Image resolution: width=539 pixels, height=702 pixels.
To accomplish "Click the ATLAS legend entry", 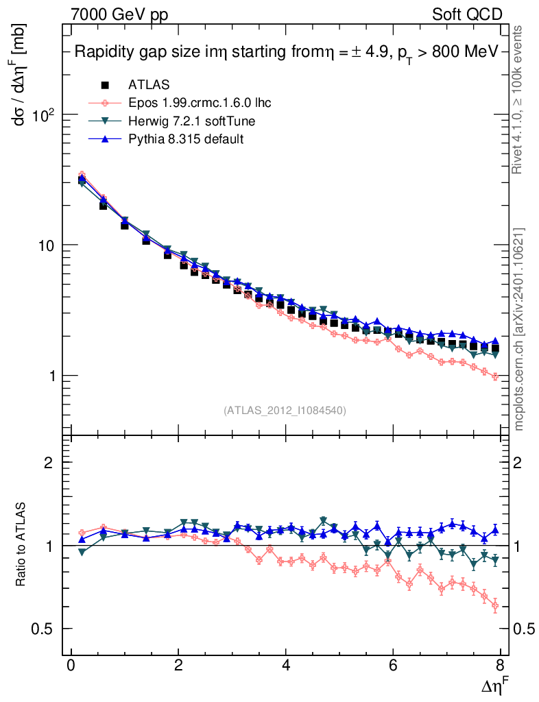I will click(x=148, y=85).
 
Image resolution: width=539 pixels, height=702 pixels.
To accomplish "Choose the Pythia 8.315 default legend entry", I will click(x=185, y=138).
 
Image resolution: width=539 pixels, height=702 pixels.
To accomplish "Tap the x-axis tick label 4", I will click(x=286, y=667).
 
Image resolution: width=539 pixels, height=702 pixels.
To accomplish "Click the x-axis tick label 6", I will click(x=394, y=667).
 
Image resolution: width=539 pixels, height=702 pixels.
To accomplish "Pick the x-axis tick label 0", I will click(x=71, y=667).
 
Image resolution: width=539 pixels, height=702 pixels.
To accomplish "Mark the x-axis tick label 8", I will click(x=501, y=667).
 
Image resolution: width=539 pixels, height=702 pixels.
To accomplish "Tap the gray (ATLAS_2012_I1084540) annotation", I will click(x=285, y=411).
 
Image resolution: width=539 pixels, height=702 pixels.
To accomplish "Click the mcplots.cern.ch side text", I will click(x=519, y=329).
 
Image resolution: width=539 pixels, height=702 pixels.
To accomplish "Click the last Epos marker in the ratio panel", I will click(x=495, y=606).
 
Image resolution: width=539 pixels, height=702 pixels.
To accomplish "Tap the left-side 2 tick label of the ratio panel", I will click(x=49, y=463).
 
